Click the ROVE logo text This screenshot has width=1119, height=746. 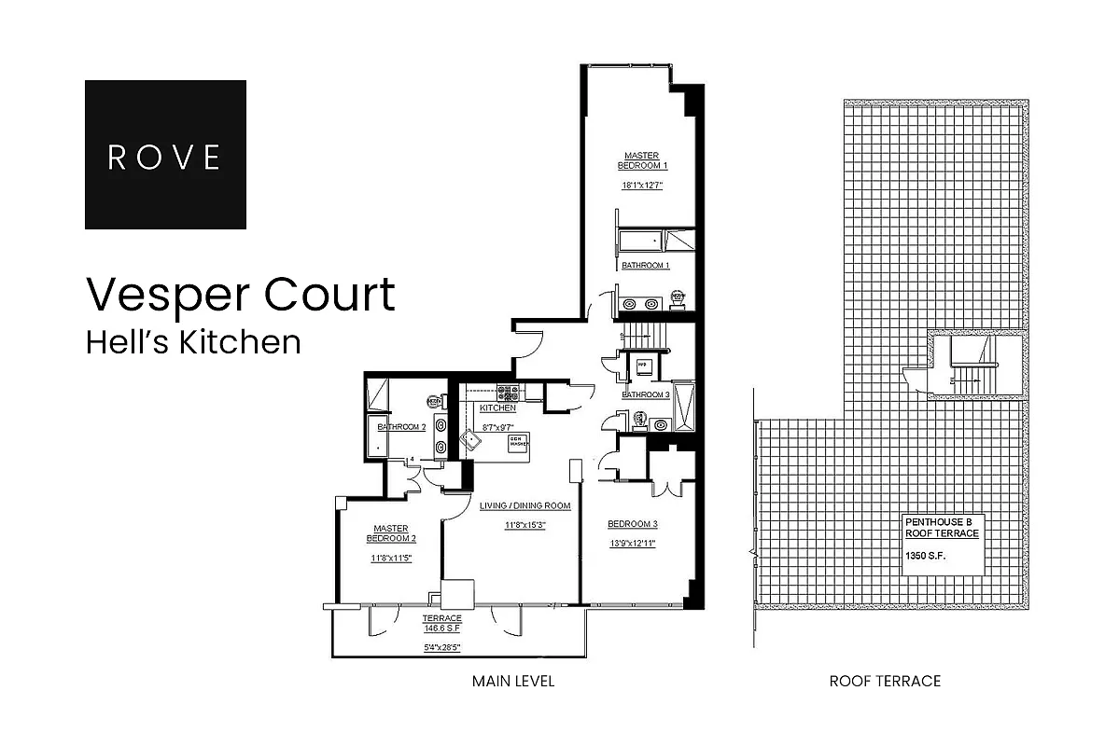pyautogui.click(x=165, y=156)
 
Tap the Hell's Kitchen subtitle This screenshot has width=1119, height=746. pyautogui.click(x=193, y=342)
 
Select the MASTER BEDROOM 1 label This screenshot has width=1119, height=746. pyautogui.click(x=643, y=160)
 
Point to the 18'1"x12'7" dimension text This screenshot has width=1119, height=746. pyautogui.click(x=643, y=185)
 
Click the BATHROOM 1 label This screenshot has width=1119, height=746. pyautogui.click(x=646, y=266)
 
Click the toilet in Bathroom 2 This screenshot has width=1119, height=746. pyautogui.click(x=434, y=401)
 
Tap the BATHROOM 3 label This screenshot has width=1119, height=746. pyautogui.click(x=646, y=394)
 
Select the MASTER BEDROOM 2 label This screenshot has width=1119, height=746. pyautogui.click(x=391, y=533)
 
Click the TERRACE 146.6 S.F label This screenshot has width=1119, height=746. pyautogui.click(x=442, y=624)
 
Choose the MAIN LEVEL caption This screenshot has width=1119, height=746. pyautogui.click(x=512, y=682)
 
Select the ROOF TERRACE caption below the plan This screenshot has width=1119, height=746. pyautogui.click(x=884, y=682)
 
